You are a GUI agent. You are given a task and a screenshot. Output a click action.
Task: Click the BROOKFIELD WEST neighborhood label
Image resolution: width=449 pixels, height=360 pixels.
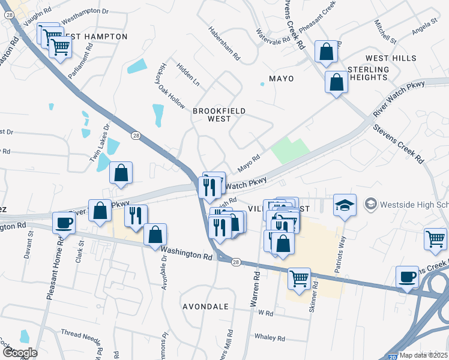(x=212, y=115)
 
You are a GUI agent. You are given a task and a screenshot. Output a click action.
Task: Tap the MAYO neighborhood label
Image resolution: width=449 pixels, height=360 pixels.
(x=281, y=79)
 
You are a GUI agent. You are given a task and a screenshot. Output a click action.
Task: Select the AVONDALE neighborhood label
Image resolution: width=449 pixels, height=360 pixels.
(x=206, y=307)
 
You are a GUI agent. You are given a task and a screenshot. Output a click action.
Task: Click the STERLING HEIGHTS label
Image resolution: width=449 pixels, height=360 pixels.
(x=368, y=73)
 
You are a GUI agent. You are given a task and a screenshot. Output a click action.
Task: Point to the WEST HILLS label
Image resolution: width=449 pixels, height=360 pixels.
(x=391, y=58)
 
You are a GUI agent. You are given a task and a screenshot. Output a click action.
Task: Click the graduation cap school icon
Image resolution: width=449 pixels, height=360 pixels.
(x=345, y=205)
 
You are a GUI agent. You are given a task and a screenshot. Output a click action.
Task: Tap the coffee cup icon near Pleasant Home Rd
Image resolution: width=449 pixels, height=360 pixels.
(x=64, y=223)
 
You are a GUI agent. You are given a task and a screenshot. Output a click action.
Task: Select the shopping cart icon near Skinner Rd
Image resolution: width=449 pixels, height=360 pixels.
(x=299, y=278)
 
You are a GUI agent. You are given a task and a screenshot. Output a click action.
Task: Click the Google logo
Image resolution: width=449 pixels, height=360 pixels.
(x=19, y=353)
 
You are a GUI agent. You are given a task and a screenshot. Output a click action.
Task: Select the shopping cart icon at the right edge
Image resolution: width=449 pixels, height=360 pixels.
(x=435, y=238)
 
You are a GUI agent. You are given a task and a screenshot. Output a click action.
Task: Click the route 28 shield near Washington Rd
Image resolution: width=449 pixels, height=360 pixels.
(x=236, y=262)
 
